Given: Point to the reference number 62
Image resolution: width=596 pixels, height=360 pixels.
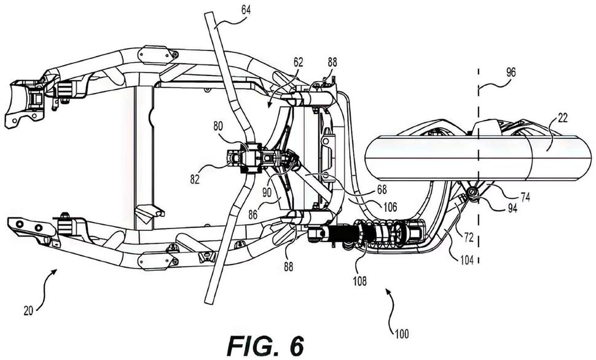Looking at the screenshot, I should (299, 61).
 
